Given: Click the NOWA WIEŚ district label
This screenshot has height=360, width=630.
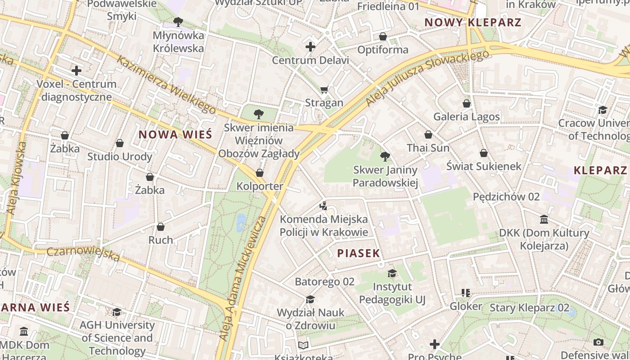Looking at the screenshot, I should [175, 134].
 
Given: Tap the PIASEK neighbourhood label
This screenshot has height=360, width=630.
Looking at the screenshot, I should [359, 253].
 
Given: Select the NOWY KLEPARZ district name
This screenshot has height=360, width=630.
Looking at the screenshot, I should [473, 22].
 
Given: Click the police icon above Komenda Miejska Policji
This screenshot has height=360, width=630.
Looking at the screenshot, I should [323, 206].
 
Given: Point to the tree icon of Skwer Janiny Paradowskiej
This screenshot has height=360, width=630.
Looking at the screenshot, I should [385, 157].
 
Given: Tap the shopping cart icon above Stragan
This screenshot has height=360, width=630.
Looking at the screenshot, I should [324, 90].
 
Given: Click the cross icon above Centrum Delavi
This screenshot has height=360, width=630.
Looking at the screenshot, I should [310, 47].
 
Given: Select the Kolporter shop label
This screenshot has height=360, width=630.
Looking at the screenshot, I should [260, 186].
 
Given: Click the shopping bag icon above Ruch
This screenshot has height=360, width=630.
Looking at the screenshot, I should [161, 227].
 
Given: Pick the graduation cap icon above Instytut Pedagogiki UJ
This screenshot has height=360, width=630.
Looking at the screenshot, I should [392, 274].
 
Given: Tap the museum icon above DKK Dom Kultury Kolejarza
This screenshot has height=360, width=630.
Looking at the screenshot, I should [544, 220].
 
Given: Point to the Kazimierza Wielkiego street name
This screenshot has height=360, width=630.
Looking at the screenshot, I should [166, 84].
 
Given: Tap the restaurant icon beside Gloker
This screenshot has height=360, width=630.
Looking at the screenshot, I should [466, 293].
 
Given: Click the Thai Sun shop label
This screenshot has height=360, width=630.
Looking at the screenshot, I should [428, 148].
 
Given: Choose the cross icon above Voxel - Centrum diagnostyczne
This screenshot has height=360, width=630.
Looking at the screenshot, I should [76, 71].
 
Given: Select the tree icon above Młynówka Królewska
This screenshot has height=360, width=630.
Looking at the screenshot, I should [178, 22].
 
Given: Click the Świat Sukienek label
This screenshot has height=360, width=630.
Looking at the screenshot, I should [484, 166].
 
